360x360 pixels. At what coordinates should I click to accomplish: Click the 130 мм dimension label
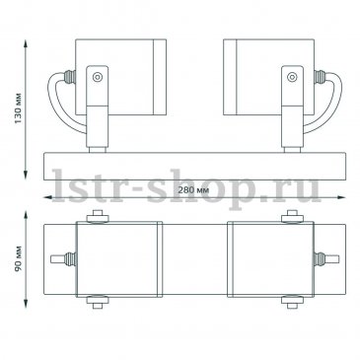(18, 108)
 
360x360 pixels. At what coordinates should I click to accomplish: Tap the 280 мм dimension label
(193, 189)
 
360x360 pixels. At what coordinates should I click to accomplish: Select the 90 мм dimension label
(18, 258)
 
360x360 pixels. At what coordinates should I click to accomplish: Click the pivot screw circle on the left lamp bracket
(98, 77)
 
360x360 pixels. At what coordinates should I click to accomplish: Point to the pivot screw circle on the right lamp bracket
(292, 77)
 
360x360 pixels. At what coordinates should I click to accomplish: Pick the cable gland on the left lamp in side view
(70, 77)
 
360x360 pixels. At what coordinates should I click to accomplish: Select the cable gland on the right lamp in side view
(320, 77)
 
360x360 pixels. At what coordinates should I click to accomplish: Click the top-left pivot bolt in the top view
(98, 217)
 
